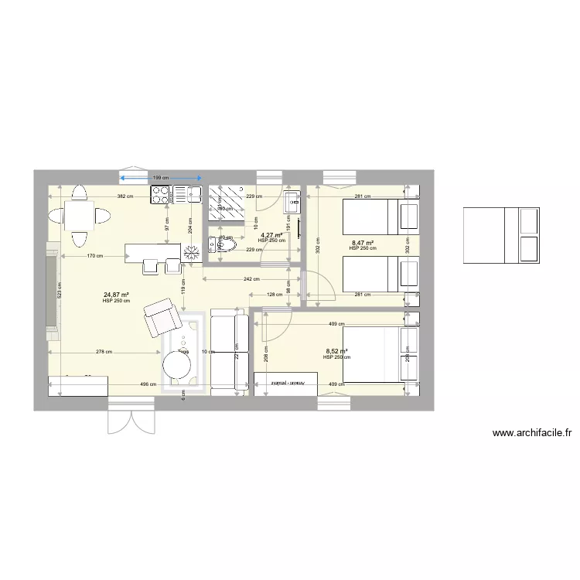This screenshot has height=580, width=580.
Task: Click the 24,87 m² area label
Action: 116,295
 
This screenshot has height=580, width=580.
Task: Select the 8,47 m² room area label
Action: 363,243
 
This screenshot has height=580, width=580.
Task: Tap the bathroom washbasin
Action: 292,204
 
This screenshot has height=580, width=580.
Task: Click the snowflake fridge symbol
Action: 191,251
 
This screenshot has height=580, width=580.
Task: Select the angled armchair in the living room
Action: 161,316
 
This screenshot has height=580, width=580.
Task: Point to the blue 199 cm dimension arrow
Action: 160,179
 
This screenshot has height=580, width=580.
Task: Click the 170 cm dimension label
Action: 96,255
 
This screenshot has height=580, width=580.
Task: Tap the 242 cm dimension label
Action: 251,278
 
